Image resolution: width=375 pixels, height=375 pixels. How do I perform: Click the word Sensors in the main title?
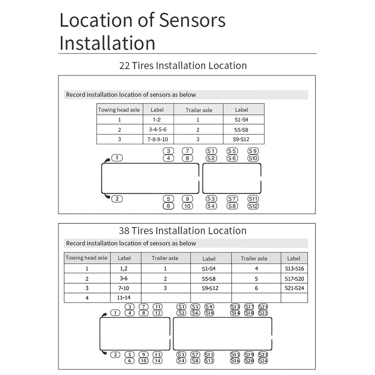tap(192, 20)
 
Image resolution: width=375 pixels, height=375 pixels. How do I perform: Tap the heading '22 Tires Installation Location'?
tap(183, 66)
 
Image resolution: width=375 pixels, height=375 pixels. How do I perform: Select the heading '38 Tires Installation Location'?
tap(183, 231)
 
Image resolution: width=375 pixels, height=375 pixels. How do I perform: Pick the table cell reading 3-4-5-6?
tap(157, 130)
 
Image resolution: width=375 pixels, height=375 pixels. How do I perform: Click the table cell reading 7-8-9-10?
tap(157, 139)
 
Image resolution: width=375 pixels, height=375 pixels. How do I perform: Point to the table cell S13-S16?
tap(294, 268)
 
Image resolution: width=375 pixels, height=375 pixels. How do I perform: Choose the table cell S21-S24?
tap(294, 288)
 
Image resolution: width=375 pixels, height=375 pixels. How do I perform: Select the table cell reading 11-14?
tap(124, 298)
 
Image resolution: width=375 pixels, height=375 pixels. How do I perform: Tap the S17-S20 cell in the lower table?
tap(294, 279)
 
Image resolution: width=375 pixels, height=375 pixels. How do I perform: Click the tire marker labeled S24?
tap(263, 361)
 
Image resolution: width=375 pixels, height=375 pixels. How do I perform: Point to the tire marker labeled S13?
tap(235, 307)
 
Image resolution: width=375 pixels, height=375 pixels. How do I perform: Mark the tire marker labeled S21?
tap(263, 307)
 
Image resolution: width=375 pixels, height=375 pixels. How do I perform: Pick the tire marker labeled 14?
tap(157, 361)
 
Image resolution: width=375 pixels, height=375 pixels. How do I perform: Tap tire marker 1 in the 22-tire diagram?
tap(117, 158)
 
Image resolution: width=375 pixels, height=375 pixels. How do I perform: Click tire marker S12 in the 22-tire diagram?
tap(253, 206)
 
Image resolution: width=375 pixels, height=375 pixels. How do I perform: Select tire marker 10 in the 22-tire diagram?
tap(187, 206)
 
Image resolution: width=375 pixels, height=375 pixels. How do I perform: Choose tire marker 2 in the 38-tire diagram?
tap(115, 355)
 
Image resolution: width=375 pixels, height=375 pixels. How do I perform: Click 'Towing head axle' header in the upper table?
tap(119, 110)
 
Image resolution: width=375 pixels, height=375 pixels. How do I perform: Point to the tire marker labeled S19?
tap(249, 355)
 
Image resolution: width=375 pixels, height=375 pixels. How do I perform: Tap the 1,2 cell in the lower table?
tap(124, 268)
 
